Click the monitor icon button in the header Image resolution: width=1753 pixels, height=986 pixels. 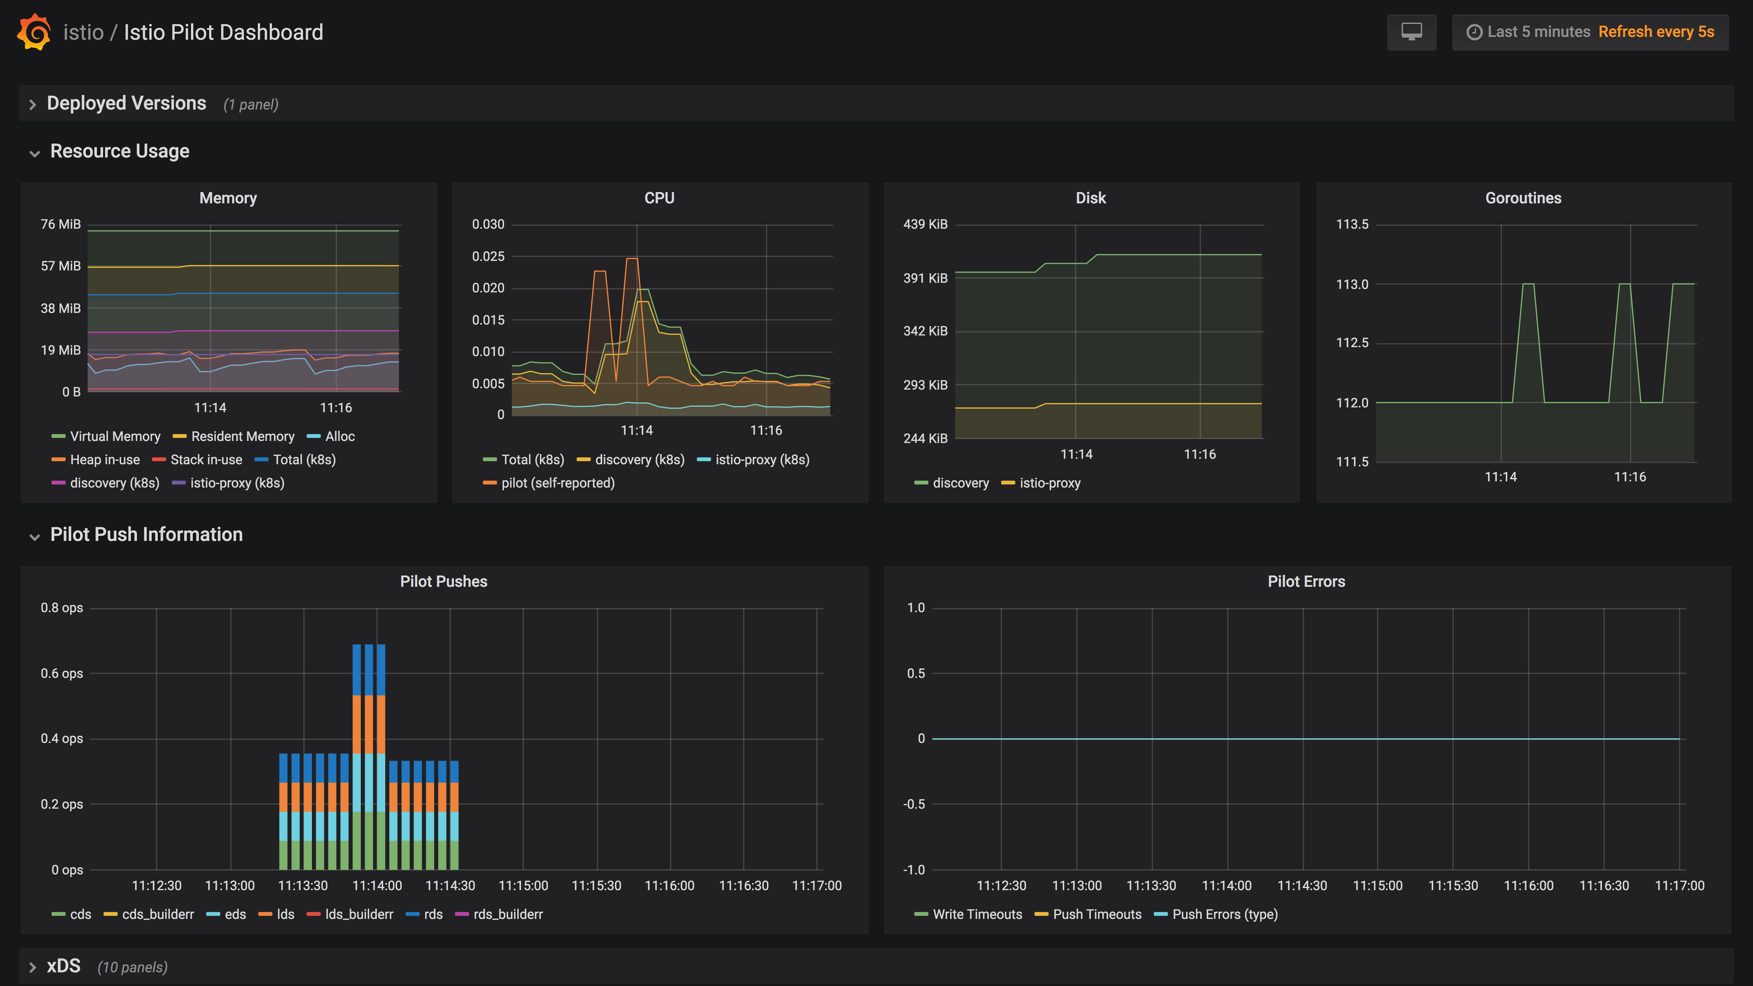(x=1411, y=32)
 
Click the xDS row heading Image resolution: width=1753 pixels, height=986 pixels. (x=63, y=966)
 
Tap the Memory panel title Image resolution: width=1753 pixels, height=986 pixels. (x=228, y=198)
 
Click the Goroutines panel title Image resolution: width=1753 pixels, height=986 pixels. (x=1523, y=198)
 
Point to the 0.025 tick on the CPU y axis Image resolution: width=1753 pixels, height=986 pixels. (x=488, y=256)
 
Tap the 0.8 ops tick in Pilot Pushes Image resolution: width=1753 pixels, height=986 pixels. (x=62, y=608)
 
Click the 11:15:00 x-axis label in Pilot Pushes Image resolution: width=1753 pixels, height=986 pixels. (x=522, y=885)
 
